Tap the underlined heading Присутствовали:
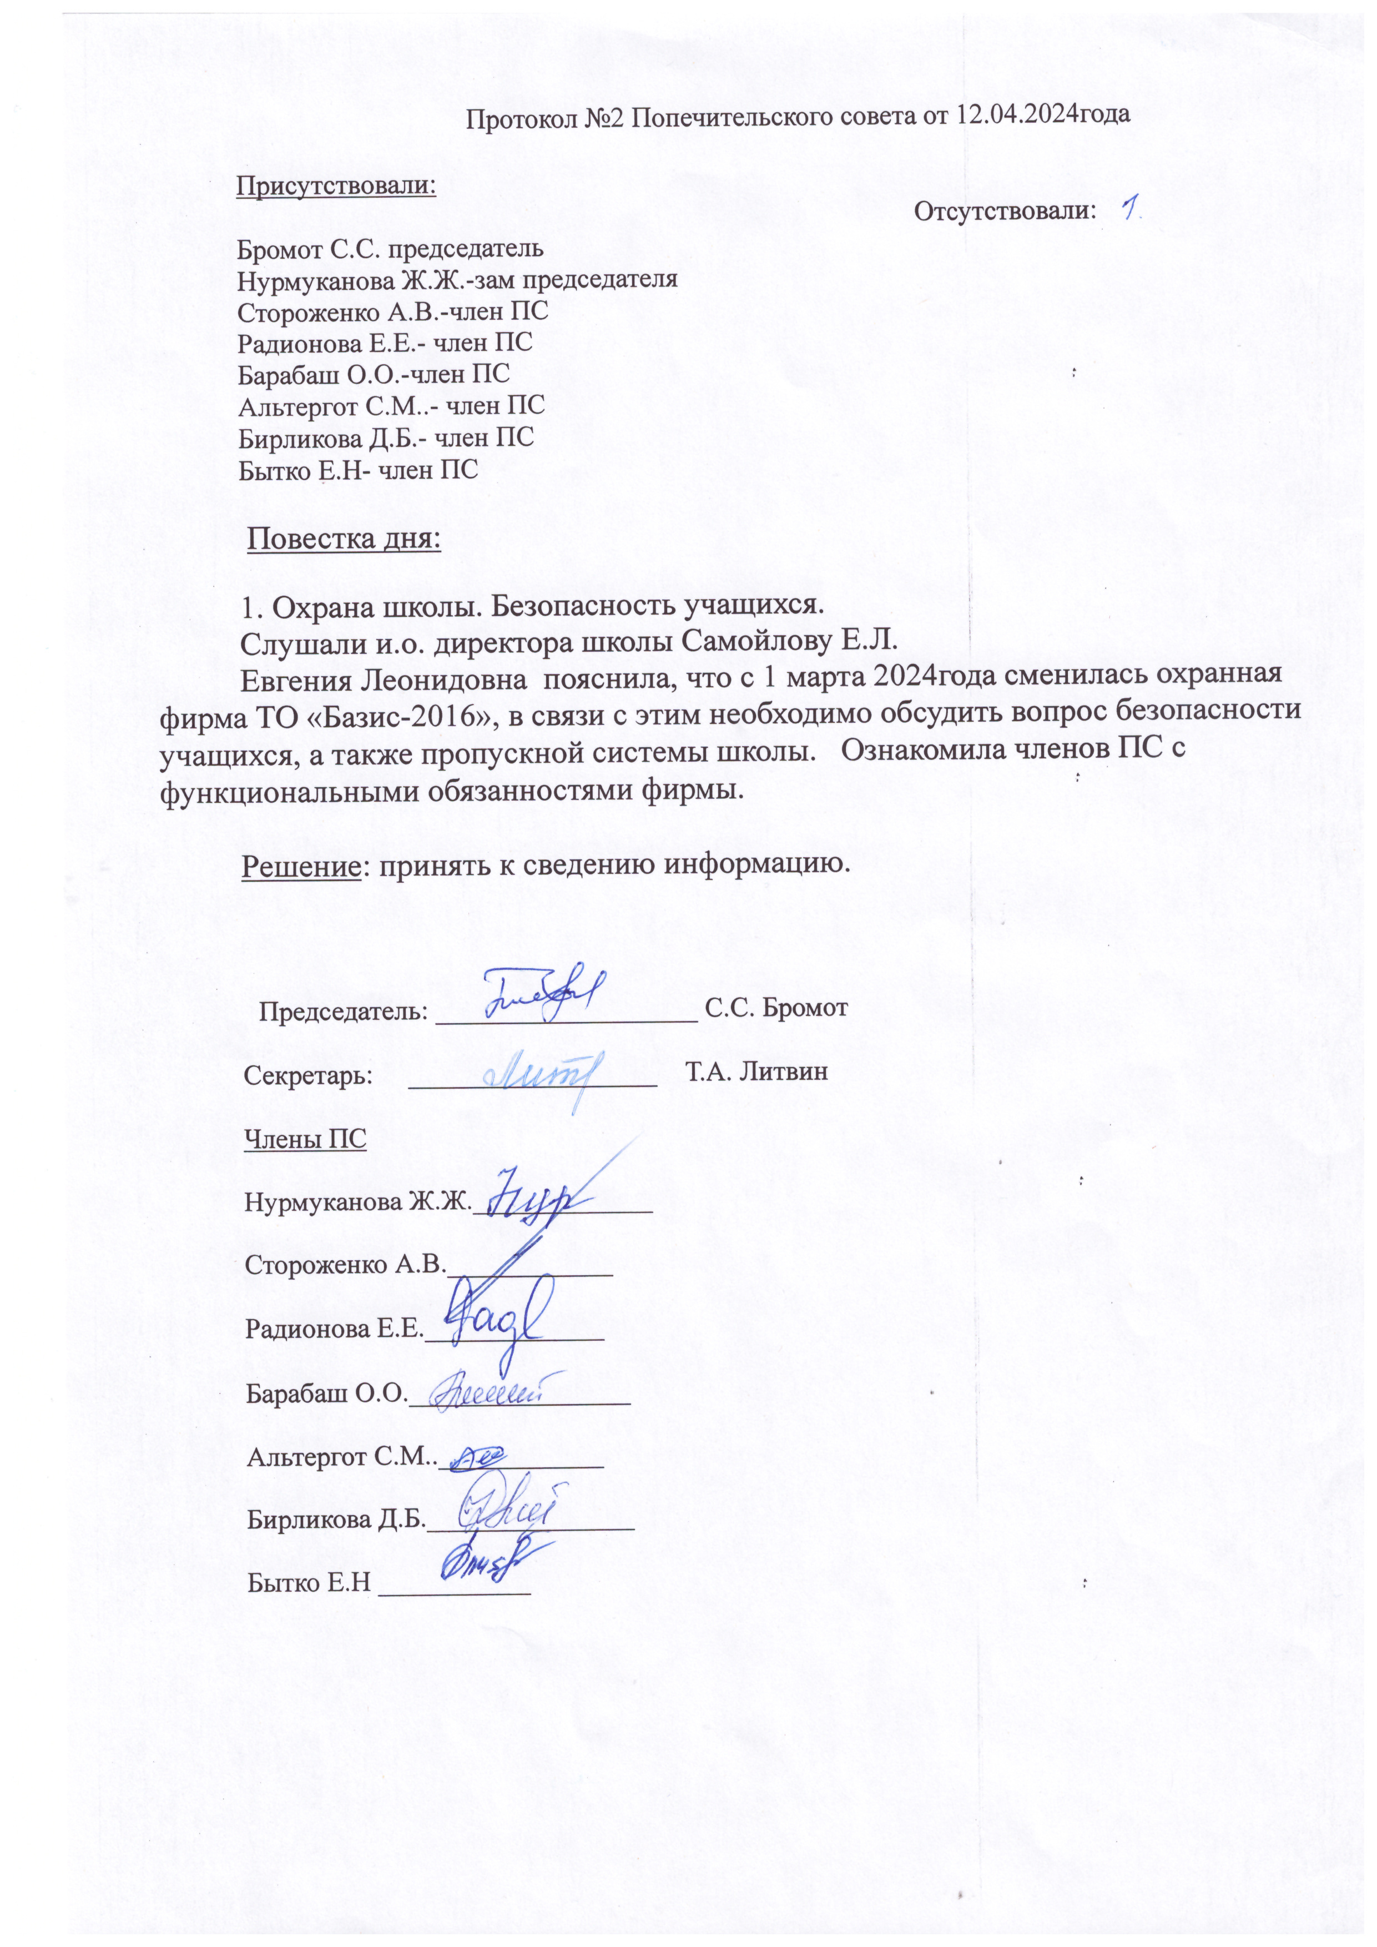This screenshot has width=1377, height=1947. pos(336,186)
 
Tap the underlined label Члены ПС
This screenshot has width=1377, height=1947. pos(305,1139)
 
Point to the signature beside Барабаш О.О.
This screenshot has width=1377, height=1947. pos(496,1393)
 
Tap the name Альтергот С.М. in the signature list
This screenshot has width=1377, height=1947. pos(341,1458)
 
